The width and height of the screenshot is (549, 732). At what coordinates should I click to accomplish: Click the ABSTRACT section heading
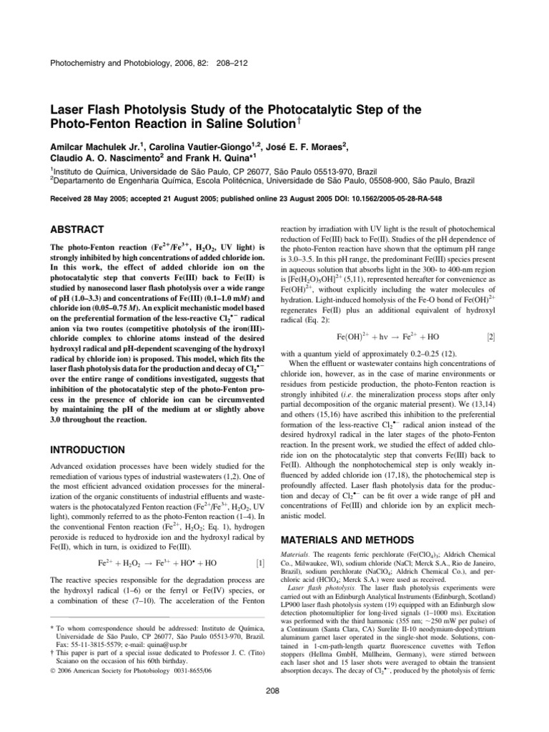(x=77, y=229)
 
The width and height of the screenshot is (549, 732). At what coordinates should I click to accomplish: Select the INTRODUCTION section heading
(x=90, y=450)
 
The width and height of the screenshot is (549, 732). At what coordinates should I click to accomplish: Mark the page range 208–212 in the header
(x=226, y=63)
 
